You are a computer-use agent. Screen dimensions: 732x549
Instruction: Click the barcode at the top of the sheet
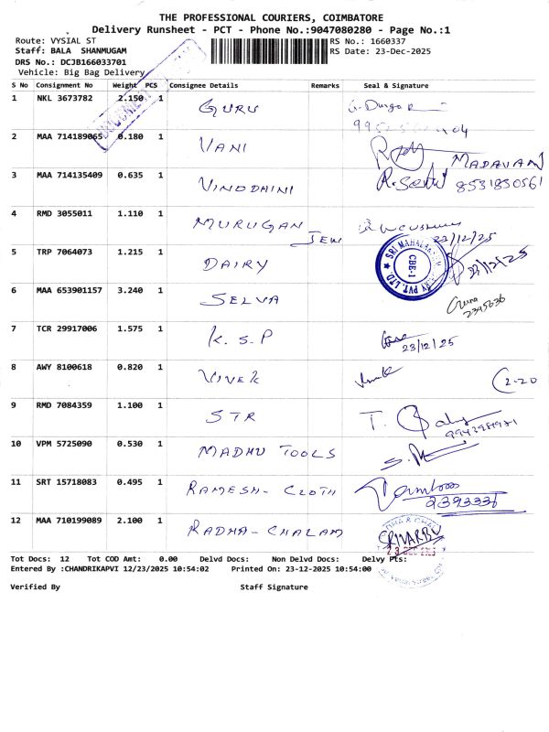pyautogui.click(x=269, y=51)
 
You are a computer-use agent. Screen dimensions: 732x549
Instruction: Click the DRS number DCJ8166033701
pyautogui.click(x=93, y=61)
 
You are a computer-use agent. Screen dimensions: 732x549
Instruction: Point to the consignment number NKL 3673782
pyautogui.click(x=64, y=98)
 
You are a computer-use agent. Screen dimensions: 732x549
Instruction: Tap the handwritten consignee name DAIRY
pyautogui.click(x=235, y=264)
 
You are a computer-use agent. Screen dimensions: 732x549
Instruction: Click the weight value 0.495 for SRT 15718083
pyautogui.click(x=129, y=482)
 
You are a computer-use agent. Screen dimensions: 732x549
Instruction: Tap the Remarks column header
pyautogui.click(x=325, y=85)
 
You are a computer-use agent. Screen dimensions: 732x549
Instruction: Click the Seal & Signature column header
pyautogui.click(x=395, y=85)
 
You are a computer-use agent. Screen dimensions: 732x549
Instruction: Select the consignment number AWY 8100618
pyautogui.click(x=64, y=367)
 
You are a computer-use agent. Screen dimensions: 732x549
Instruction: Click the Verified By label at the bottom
pyautogui.click(x=35, y=587)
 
